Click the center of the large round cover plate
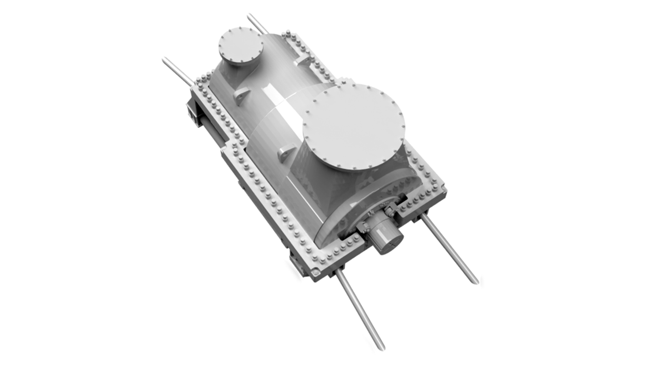353,127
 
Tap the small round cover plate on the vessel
240,46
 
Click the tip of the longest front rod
381,347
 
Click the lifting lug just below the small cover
242,95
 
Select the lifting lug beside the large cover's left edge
286,153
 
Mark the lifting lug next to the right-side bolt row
304,61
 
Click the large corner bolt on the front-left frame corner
315,272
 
